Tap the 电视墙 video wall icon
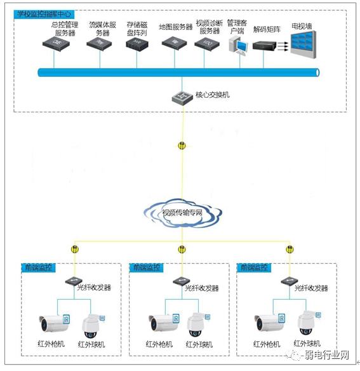(x=303, y=45)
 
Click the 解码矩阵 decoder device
(x=265, y=46)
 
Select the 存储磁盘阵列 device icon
(x=135, y=44)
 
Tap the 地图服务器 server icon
(x=172, y=44)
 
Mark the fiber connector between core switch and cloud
(x=182, y=145)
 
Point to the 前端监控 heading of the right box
(x=252, y=267)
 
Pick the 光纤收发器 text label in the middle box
(x=202, y=288)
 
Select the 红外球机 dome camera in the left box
(x=93, y=324)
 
